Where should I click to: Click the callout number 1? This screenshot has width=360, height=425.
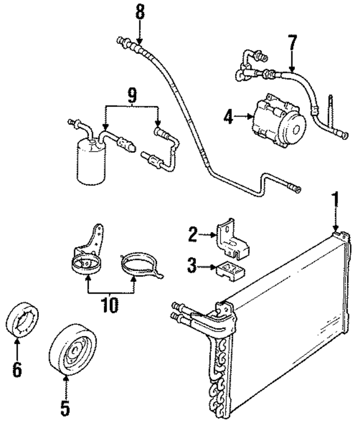pos(336,198)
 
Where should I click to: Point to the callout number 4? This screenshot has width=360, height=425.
pos(228,117)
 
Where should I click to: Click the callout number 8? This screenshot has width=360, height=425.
pos(140,11)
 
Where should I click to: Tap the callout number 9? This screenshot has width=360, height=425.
pos(131,96)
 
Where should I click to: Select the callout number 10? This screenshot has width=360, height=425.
pos(110,305)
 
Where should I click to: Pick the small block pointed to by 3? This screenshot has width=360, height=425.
pos(229,270)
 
